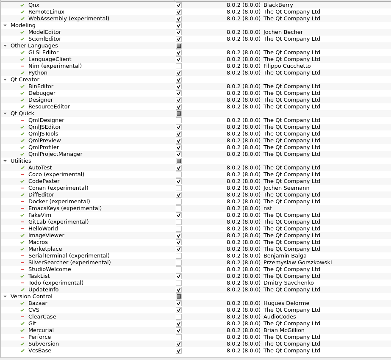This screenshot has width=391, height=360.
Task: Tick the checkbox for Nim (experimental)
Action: point(179,66)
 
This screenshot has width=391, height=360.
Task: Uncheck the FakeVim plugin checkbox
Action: point(179,215)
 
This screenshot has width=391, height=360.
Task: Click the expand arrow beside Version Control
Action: point(5,296)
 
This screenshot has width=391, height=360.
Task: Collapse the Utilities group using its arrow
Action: point(5,161)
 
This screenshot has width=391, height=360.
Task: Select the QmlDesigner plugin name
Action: point(46,120)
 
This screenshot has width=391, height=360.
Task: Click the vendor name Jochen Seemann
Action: point(286,188)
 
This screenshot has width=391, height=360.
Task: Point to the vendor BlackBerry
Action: point(278,5)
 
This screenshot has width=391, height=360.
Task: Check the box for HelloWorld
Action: point(179,229)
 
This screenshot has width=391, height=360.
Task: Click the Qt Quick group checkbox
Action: point(179,114)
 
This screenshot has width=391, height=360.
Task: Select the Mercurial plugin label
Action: point(41,330)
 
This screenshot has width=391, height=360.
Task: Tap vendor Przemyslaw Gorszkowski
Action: point(297,263)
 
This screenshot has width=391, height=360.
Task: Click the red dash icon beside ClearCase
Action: point(22,317)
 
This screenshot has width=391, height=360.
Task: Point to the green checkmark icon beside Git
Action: point(22,324)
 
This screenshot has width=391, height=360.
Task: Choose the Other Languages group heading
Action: point(34,46)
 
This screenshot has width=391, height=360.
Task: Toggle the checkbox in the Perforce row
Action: point(179,337)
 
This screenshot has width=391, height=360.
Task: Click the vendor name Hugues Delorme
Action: point(286,303)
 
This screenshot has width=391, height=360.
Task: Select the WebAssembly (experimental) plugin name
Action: point(69,19)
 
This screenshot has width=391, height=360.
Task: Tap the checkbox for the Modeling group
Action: point(179,25)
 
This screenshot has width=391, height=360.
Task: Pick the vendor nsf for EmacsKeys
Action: point(268,208)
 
